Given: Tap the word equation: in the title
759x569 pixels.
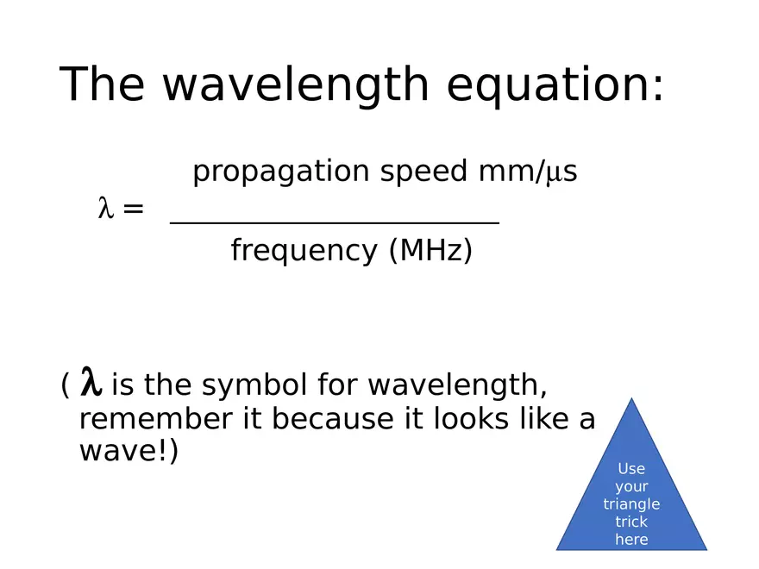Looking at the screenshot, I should point(555,84).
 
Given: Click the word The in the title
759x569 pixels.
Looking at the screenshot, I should point(103,84).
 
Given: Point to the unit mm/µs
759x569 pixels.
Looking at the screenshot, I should point(528,172).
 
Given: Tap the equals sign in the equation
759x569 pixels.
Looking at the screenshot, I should point(133,209).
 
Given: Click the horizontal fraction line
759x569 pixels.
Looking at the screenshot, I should point(335,223).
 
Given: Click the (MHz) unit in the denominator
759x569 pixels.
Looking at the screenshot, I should point(430,251).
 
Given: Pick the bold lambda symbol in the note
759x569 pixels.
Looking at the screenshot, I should point(91,382).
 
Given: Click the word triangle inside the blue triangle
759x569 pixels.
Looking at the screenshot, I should point(631,504).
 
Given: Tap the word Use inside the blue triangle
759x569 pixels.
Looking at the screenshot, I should point(631,469).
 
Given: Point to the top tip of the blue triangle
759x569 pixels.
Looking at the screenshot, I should point(632,399).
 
